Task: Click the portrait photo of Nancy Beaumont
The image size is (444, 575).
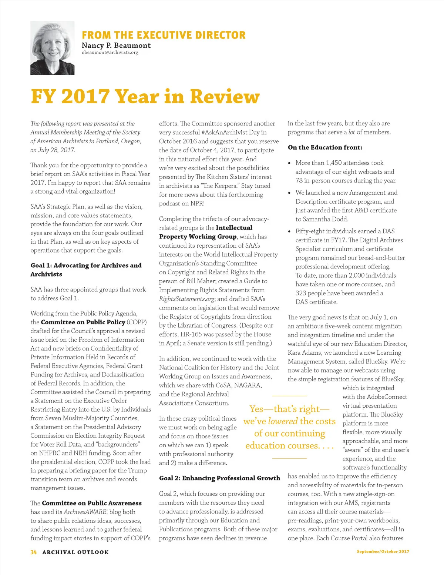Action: click(52, 48)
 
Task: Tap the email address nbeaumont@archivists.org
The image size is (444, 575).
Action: click(110, 53)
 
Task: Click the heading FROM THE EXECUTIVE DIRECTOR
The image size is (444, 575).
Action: click(164, 35)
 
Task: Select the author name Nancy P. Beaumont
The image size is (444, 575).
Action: click(116, 45)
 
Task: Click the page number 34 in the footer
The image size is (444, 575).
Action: click(34, 552)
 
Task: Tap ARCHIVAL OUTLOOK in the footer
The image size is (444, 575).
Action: click(75, 552)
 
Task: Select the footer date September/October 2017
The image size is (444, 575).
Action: click(383, 552)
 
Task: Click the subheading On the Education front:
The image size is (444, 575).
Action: click(325, 147)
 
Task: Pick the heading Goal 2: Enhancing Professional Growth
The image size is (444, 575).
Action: click(219, 478)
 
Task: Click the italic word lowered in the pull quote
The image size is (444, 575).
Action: click(283, 421)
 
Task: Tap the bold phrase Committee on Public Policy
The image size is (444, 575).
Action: click(83, 322)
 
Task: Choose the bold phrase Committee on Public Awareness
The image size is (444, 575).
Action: click(92, 503)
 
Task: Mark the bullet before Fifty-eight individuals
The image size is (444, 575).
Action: click(289, 231)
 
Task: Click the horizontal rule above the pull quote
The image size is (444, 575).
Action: click(289, 396)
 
